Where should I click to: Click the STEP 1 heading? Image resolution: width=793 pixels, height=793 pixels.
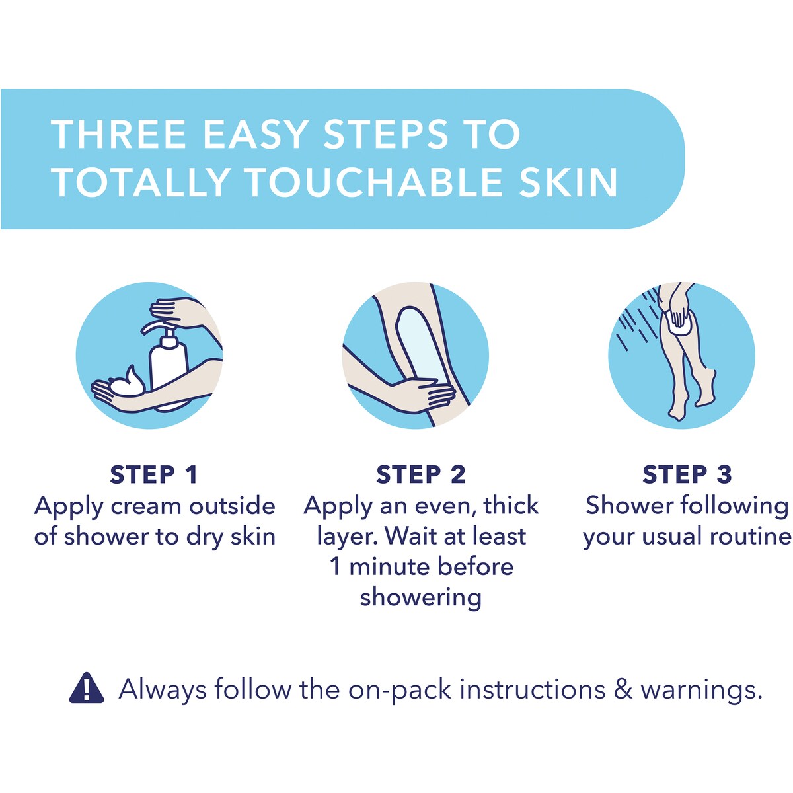154,475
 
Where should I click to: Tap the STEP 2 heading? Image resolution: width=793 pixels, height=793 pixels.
420,475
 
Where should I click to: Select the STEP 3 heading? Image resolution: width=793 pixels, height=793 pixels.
687,475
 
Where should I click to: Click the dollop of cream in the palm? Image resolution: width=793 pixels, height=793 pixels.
127,382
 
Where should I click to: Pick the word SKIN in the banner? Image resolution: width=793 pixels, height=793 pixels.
568,182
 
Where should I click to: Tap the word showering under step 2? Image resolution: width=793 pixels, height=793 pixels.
420,597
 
